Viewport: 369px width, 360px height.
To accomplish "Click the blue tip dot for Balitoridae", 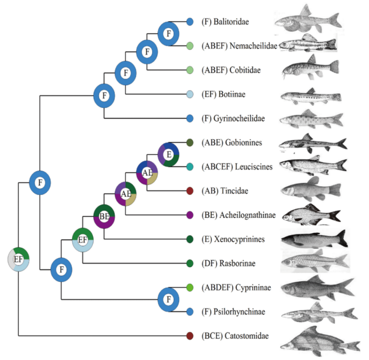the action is (190, 22).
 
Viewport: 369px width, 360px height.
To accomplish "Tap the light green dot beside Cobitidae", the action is (190, 70).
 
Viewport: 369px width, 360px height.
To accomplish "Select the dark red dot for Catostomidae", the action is (190, 336).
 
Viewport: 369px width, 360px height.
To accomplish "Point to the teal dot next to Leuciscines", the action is (190, 167).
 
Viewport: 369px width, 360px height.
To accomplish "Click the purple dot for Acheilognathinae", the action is (190, 215).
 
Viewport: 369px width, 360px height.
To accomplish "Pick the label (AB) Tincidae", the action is (225, 190).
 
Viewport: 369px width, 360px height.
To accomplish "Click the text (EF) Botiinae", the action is (223, 94).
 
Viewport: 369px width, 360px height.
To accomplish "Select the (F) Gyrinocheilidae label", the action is (233, 118).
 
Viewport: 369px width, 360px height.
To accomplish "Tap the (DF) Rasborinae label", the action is (228, 263).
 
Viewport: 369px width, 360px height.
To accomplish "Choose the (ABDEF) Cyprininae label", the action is (236, 287).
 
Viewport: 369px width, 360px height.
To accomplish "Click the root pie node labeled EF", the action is (18, 259).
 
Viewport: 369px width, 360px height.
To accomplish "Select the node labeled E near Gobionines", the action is (169, 155).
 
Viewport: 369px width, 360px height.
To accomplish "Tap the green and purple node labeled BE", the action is (104, 216).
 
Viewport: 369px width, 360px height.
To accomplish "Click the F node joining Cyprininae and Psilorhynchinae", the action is (169, 300).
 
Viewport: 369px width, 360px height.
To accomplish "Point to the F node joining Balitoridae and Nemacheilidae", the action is (169, 34).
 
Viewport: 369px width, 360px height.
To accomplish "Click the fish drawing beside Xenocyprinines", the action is (315, 239).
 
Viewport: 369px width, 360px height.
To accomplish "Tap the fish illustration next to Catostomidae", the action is (320, 342).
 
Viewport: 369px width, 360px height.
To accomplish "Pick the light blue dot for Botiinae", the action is (190, 94).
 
